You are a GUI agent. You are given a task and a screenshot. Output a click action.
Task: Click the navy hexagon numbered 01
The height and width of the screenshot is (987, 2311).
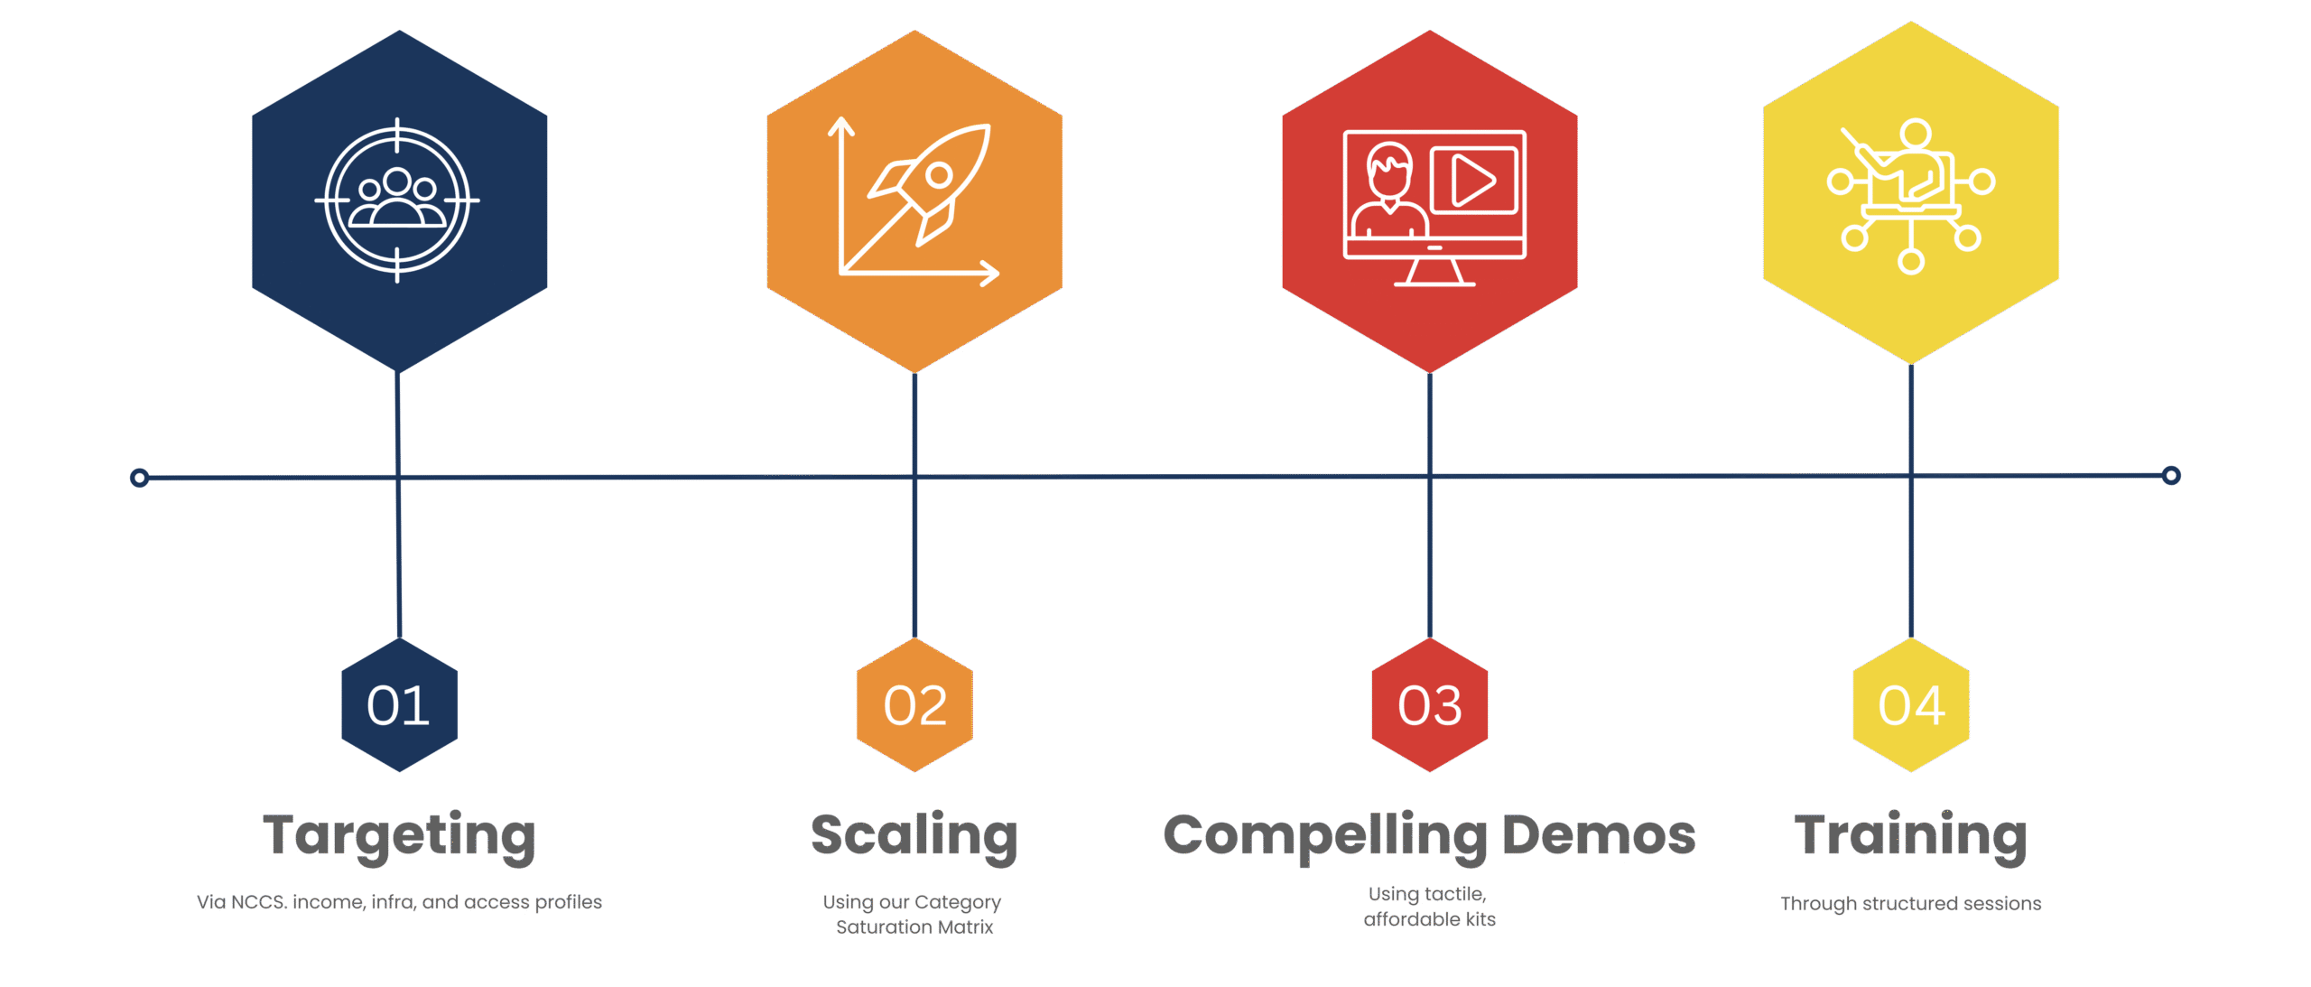[399, 705]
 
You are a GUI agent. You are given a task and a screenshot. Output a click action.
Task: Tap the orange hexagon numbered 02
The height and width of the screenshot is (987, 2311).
[914, 705]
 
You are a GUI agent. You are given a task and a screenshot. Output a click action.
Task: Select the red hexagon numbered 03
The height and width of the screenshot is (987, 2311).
[1429, 705]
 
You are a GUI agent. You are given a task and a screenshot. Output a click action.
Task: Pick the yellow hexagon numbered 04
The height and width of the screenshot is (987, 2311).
[1911, 705]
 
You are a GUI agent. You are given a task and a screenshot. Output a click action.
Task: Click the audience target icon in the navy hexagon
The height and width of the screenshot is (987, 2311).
[397, 200]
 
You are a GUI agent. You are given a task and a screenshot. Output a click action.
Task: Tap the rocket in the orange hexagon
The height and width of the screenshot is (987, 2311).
[934, 181]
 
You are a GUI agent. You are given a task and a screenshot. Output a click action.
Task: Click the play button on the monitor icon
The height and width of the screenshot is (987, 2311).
[1472, 182]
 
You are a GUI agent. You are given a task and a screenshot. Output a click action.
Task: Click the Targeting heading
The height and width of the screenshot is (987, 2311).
[399, 835]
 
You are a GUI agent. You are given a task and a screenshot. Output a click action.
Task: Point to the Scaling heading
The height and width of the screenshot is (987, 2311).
[914, 835]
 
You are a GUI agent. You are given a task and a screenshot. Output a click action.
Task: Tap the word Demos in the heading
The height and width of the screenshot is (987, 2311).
[1599, 835]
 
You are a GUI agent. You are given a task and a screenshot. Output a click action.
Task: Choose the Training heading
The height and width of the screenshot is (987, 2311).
[1911, 835]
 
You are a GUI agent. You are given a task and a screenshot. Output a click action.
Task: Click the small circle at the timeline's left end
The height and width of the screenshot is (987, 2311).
[139, 477]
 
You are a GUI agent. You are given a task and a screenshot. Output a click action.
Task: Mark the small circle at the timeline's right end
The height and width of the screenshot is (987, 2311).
[2172, 475]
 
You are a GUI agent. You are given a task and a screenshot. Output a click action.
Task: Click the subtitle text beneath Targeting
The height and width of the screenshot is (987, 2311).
[399, 902]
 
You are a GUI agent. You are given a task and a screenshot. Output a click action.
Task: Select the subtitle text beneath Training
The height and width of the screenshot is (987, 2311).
[1911, 903]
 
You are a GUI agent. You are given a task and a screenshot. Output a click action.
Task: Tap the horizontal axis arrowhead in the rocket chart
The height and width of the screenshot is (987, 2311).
[991, 272]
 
